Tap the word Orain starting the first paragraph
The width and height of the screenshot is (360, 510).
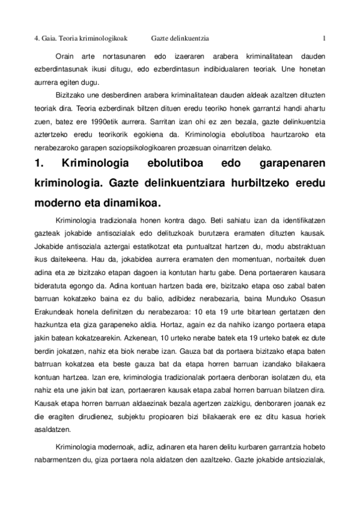point(65,56)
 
